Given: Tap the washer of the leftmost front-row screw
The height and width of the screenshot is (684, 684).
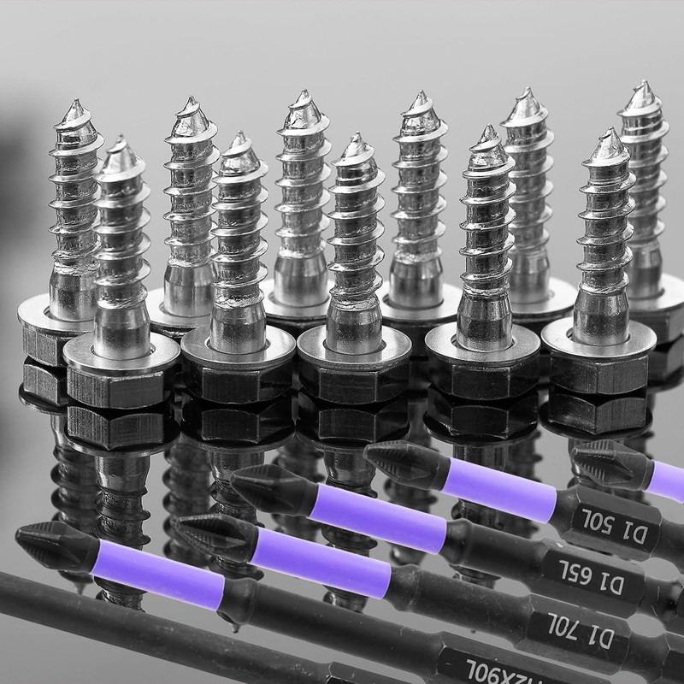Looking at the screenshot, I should point(121,356).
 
